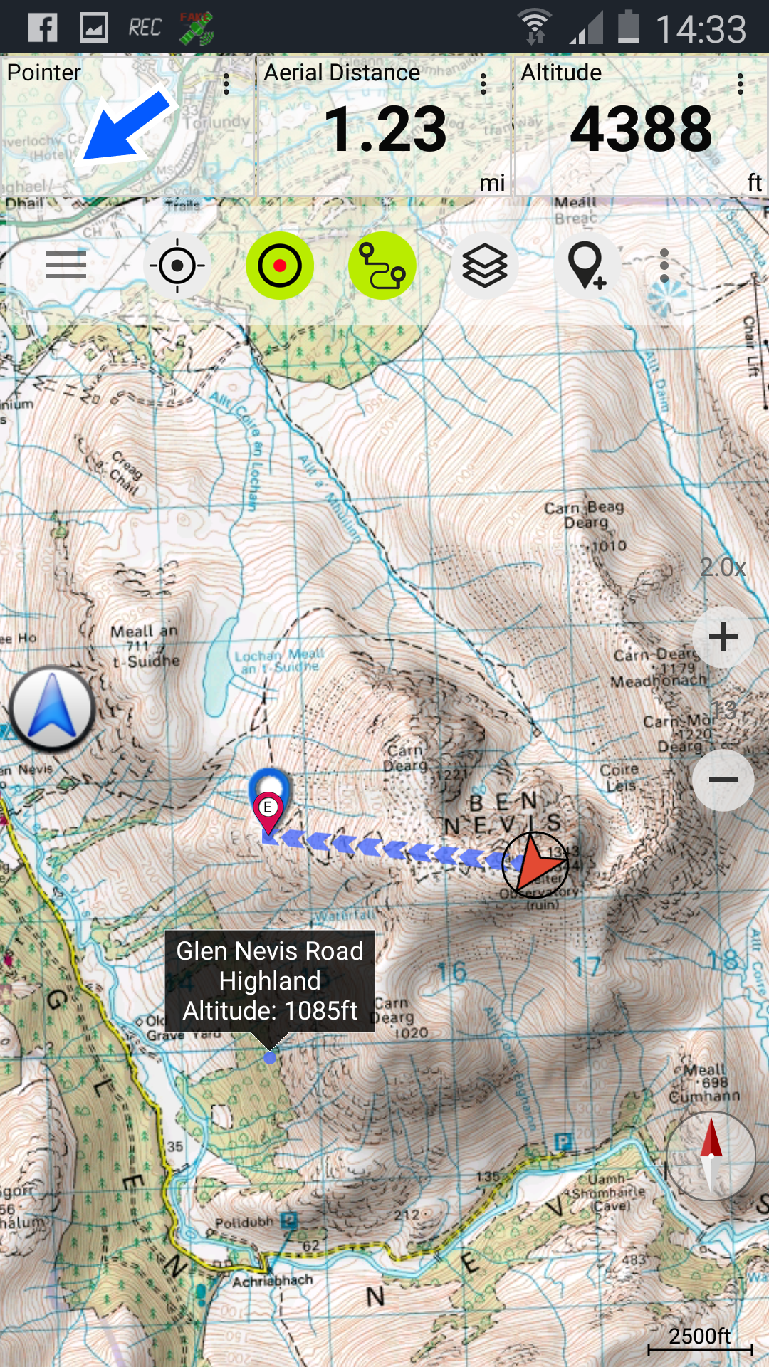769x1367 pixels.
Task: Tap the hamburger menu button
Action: [x=66, y=266]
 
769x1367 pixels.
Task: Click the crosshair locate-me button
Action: [x=177, y=266]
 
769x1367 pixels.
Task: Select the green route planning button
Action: [x=382, y=266]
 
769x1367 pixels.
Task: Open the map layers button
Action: [x=485, y=266]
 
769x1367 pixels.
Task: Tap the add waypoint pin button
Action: [x=587, y=266]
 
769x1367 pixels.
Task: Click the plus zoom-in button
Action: [x=723, y=637]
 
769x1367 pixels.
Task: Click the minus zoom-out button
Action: [x=723, y=780]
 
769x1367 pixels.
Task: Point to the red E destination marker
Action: [x=268, y=810]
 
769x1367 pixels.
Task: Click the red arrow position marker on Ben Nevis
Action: [x=535, y=864]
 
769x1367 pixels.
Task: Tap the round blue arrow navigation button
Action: [x=52, y=709]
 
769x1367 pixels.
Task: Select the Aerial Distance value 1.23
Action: [x=385, y=130]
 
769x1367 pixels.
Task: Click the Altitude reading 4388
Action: [x=641, y=130]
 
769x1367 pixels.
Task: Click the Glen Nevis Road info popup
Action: [x=270, y=980]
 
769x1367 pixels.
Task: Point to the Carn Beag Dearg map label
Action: [x=585, y=514]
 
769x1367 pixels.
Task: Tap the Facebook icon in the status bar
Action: [x=43, y=28]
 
